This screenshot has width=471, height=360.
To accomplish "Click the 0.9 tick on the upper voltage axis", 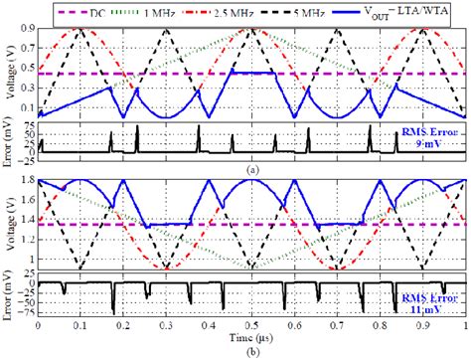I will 27,30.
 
